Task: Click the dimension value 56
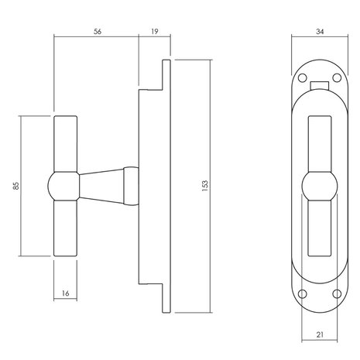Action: (96, 33)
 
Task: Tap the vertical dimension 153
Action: (203, 187)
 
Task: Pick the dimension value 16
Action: (65, 294)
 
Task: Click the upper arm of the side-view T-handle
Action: (65, 143)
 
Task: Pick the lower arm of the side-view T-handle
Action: (65, 228)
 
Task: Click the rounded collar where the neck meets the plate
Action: (129, 187)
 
